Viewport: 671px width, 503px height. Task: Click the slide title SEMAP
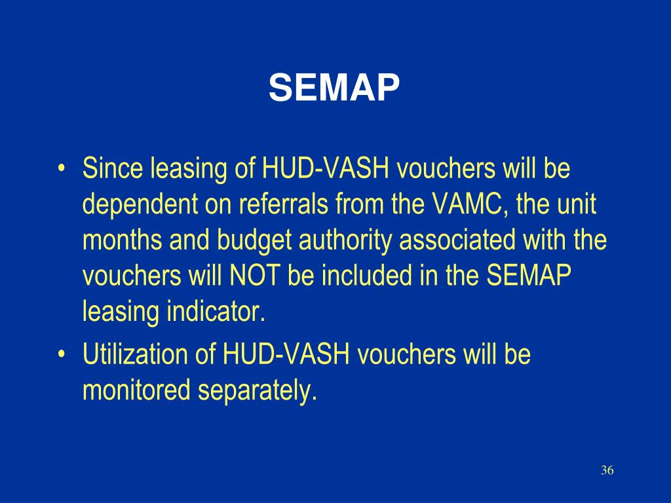334,88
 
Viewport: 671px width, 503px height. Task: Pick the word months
123,240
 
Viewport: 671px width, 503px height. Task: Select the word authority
347,241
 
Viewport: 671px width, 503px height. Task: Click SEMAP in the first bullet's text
528,276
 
